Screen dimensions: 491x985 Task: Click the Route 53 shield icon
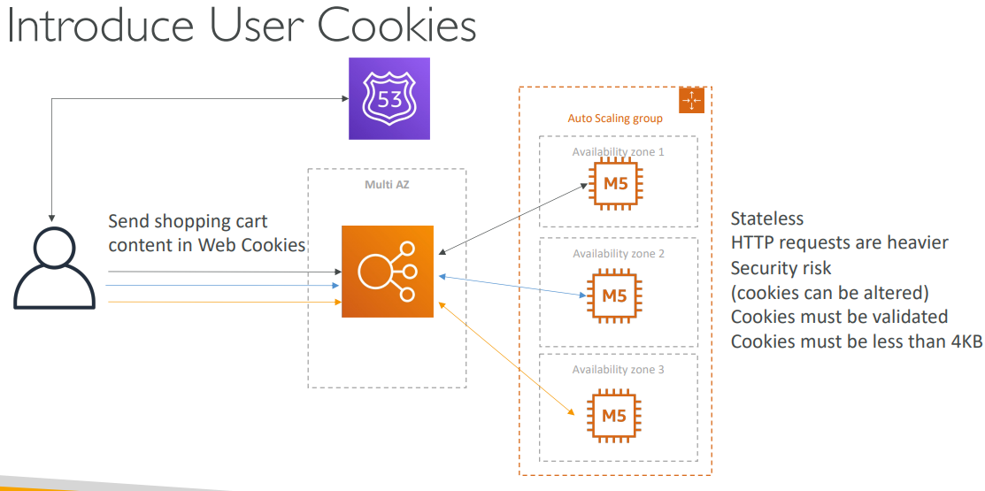click(389, 99)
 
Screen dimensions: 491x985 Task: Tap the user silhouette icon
click(54, 267)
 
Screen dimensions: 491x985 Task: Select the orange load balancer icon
click(388, 271)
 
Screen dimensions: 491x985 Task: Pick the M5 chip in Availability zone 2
click(614, 295)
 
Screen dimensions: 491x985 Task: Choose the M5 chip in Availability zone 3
click(614, 414)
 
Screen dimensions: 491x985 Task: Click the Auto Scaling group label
click(615, 118)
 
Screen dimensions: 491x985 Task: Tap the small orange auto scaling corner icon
click(691, 101)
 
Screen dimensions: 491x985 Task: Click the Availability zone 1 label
click(618, 152)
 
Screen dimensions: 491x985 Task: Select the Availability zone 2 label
click(618, 254)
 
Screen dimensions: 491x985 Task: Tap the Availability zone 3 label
click(618, 370)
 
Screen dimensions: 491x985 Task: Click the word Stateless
click(767, 218)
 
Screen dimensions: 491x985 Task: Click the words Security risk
click(781, 267)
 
